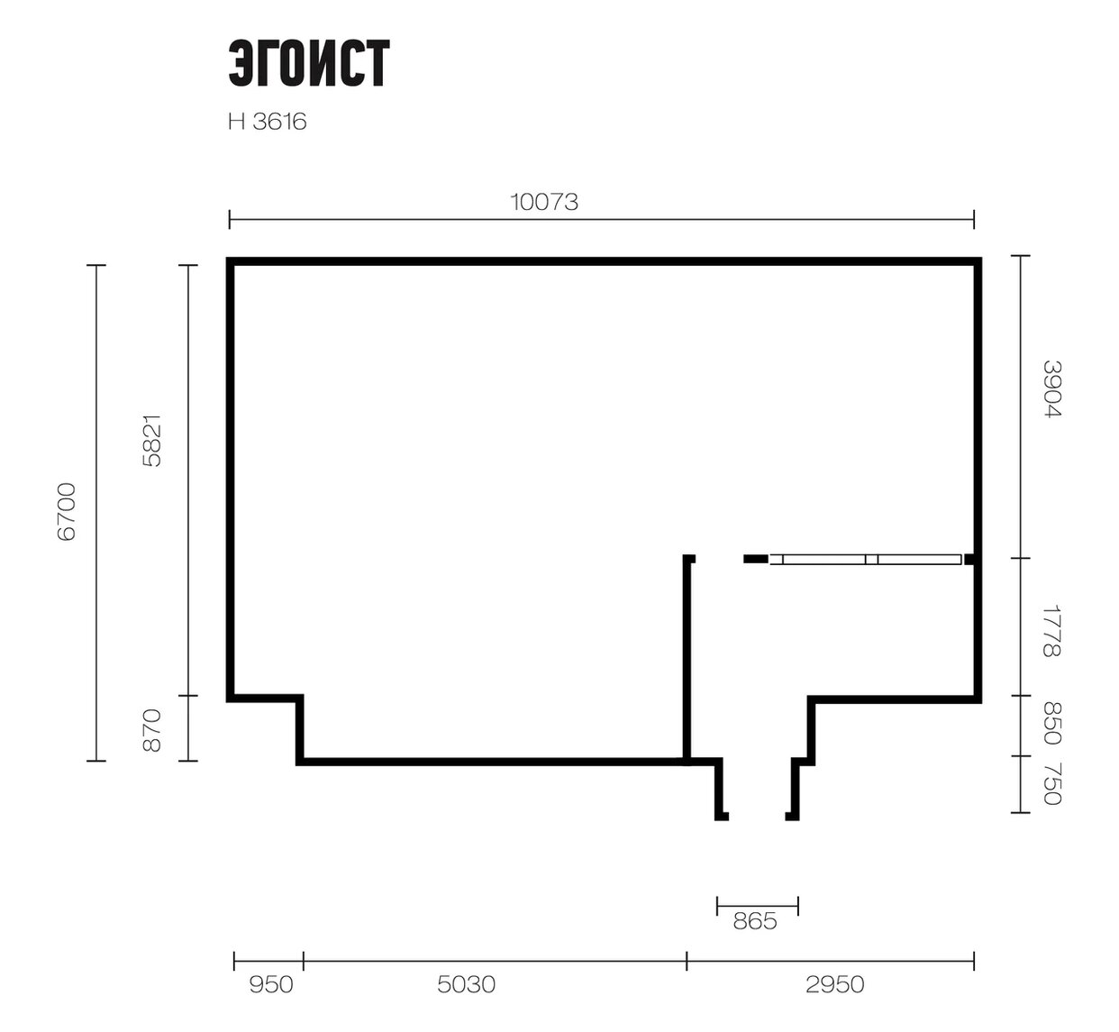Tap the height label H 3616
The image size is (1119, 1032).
(x=267, y=122)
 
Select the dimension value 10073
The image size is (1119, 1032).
(x=543, y=202)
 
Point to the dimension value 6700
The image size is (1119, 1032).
(x=67, y=512)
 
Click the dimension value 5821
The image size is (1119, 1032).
(x=152, y=441)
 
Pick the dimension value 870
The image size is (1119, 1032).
(x=152, y=731)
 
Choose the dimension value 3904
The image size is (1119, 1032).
(x=1052, y=389)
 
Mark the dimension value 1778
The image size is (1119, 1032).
(x=1052, y=632)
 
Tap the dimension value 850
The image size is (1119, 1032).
(x=1052, y=724)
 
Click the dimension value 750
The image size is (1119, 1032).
(x=1052, y=784)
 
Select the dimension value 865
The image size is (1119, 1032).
(x=755, y=921)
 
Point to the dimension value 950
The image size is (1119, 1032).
(x=271, y=984)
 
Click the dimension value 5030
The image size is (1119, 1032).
(x=466, y=984)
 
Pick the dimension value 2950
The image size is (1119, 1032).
(x=834, y=984)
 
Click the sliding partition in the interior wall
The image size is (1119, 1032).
(x=866, y=560)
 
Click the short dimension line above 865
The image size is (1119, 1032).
(x=758, y=906)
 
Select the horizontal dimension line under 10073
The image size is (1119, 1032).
(x=602, y=219)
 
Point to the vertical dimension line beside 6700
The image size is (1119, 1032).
(x=96, y=513)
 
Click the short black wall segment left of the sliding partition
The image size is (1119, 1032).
(x=756, y=560)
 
